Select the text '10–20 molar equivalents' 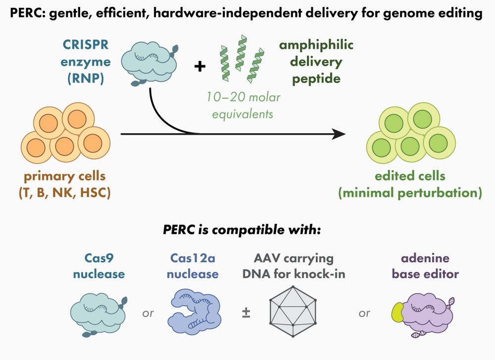[x=243, y=105]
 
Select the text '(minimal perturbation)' [x=410, y=192]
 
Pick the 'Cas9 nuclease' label [x=99, y=266]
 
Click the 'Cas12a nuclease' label [x=195, y=266]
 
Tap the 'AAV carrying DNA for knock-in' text [x=295, y=266]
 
